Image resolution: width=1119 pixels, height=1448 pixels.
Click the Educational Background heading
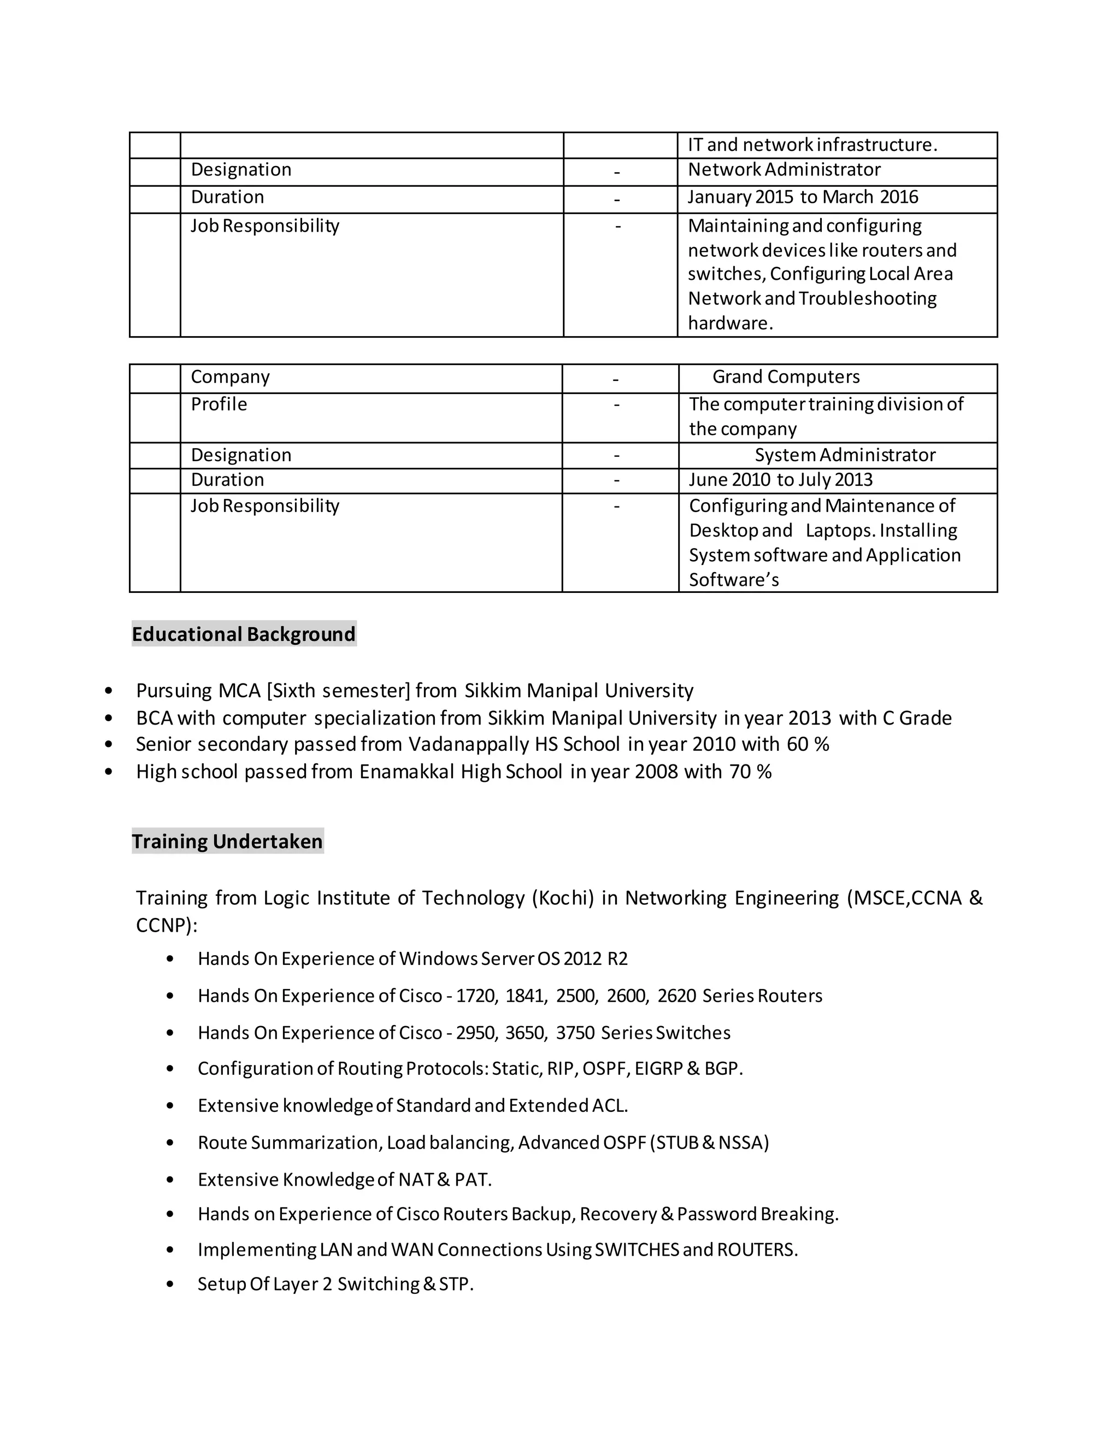pyautogui.click(x=243, y=634)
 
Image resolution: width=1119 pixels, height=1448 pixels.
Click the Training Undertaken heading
pyautogui.click(x=227, y=841)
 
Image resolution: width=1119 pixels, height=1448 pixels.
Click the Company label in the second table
pyautogui.click(x=230, y=376)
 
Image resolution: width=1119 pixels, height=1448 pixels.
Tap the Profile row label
pyautogui.click(x=219, y=404)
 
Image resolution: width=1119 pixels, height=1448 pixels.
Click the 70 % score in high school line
pyautogui.click(x=750, y=772)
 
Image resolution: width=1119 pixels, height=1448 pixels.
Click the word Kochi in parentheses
pyautogui.click(x=563, y=898)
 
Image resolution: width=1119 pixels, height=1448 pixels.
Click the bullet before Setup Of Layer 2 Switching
pyautogui.click(x=170, y=1284)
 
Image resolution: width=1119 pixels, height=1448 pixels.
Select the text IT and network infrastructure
pyautogui.click(x=812, y=145)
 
